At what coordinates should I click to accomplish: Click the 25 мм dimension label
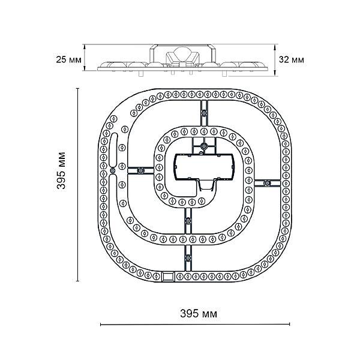(68, 59)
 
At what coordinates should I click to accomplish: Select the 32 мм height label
(292, 59)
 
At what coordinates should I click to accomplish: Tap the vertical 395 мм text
(61, 170)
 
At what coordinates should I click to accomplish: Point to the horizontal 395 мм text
(199, 313)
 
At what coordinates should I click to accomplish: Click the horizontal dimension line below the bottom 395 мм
(195, 324)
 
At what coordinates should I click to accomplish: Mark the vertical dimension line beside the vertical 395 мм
(77, 184)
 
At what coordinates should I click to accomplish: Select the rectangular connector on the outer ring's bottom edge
(168, 277)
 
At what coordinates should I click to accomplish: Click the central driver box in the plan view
(205, 167)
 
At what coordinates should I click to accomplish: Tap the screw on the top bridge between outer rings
(204, 113)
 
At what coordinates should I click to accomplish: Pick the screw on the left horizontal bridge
(140, 170)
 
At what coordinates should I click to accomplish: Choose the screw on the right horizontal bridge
(267, 183)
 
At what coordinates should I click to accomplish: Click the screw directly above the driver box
(204, 146)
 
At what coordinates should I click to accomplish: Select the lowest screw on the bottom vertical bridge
(188, 257)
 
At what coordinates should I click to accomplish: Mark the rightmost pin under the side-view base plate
(224, 74)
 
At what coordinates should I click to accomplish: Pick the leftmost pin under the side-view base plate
(141, 73)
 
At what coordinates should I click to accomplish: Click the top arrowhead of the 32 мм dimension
(275, 47)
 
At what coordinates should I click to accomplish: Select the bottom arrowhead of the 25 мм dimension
(85, 68)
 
